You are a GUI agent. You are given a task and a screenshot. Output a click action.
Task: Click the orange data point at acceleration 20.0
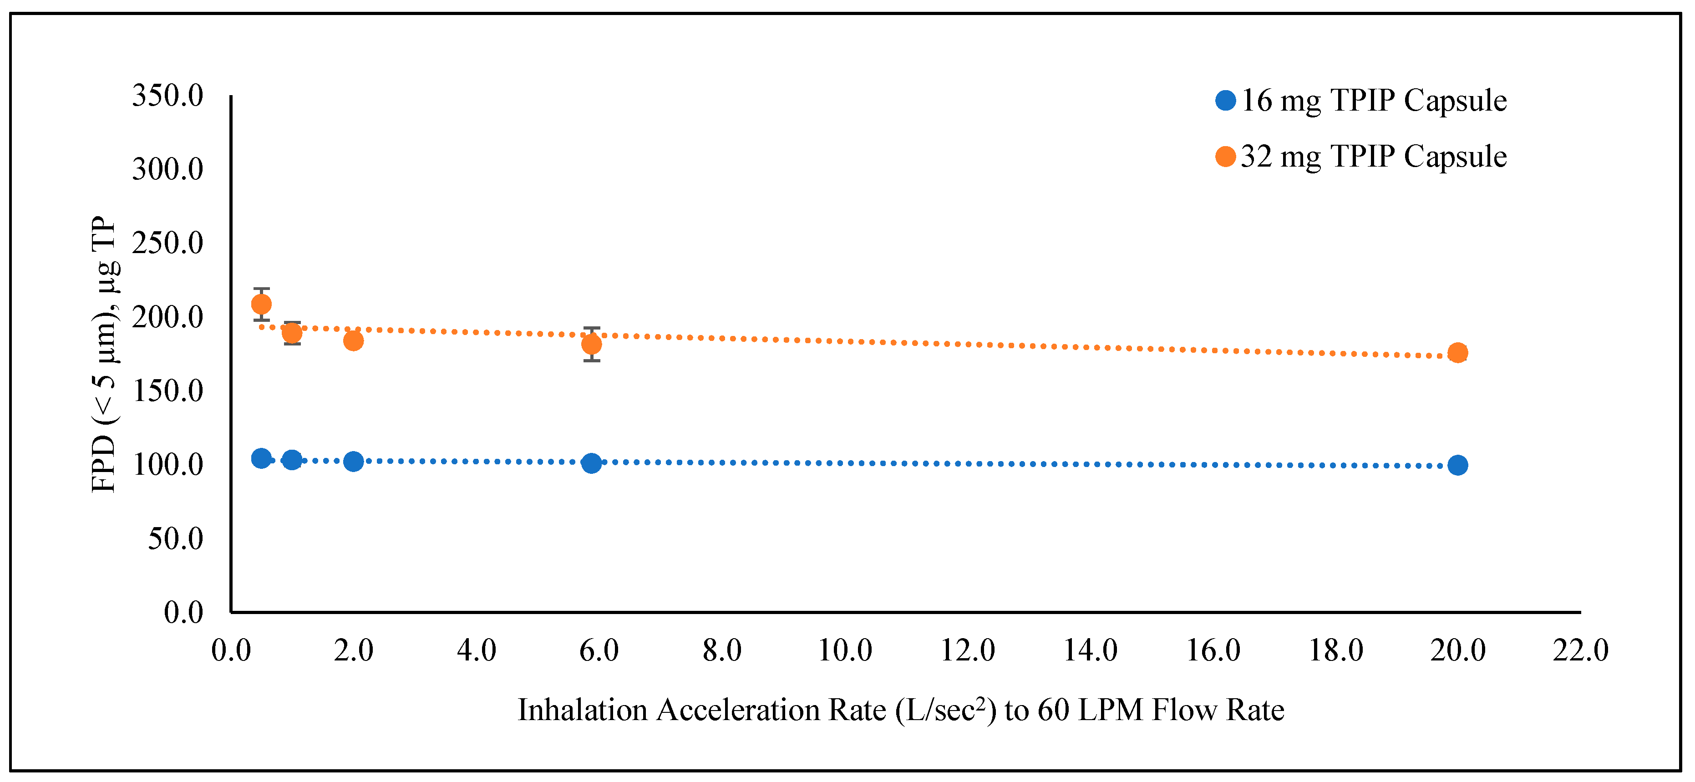point(1457,353)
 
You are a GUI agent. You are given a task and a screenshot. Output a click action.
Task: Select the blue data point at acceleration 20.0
point(1457,465)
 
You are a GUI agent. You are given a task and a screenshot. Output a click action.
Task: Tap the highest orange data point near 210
point(261,304)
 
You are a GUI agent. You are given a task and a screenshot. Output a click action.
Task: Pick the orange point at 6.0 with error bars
point(592,344)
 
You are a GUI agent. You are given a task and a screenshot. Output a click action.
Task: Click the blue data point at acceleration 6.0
point(592,463)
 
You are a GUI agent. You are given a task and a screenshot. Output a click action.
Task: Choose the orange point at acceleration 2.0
point(353,340)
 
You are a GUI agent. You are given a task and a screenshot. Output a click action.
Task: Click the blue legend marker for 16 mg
point(1225,101)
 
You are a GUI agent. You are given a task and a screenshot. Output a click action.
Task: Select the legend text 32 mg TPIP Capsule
point(1374,157)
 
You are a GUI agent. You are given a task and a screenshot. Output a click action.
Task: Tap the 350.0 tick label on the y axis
point(168,96)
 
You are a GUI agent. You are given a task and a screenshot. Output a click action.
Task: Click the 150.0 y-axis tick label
point(168,391)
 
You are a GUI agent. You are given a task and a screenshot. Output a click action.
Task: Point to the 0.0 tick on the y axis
point(183,613)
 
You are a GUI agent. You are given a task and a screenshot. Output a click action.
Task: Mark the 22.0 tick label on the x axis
point(1580,651)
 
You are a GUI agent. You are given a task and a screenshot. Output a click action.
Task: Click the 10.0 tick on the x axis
point(845,651)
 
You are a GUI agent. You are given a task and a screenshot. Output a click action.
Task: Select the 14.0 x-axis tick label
point(1090,651)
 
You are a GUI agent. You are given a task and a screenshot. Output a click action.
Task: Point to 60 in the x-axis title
point(1053,710)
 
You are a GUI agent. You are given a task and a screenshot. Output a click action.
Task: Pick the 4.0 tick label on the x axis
point(477,651)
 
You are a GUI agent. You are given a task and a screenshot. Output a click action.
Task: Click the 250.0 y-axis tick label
point(168,244)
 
